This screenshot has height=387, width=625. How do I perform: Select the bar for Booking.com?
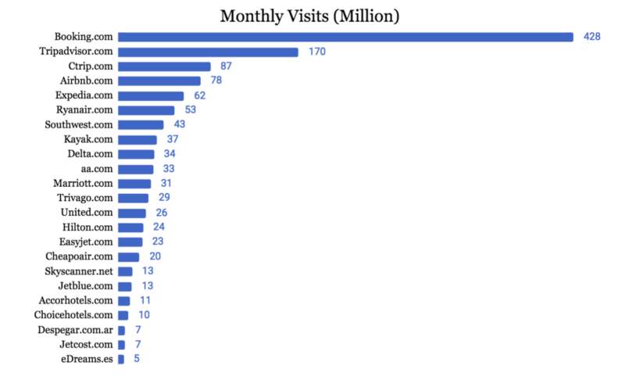click(345, 37)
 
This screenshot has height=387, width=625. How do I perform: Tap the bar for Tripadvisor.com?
click(208, 52)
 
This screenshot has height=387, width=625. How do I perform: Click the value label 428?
click(591, 37)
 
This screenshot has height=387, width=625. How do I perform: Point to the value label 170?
click(316, 52)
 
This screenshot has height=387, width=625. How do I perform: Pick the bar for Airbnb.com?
click(159, 81)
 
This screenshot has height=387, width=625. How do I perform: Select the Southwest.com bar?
click(141, 124)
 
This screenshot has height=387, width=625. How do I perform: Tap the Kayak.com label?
click(88, 139)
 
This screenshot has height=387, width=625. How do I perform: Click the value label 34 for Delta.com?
click(170, 154)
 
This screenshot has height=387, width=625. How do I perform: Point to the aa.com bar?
click(135, 169)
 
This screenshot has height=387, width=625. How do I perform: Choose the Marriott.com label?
click(83, 183)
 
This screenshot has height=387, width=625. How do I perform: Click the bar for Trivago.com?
click(133, 198)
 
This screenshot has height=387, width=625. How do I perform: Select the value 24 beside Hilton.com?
click(159, 228)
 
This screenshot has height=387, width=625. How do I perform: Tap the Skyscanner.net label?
click(79, 271)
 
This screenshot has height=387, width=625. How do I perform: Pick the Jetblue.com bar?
click(125, 286)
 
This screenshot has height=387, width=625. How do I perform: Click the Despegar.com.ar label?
click(74, 330)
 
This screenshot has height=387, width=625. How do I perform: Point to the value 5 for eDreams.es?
click(137, 359)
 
